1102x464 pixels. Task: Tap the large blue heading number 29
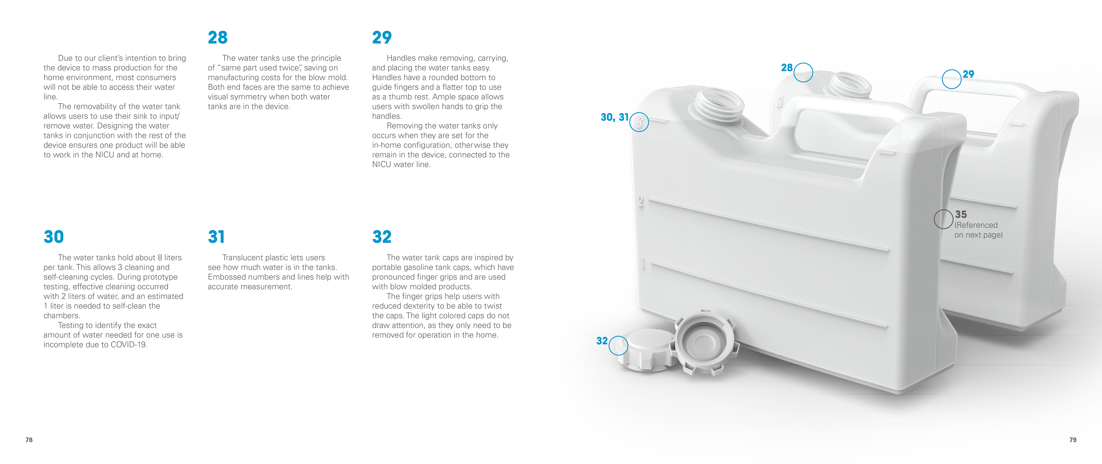[382, 38]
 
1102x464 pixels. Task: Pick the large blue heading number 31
[216, 237]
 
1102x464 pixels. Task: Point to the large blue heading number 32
[382, 237]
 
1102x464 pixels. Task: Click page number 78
[29, 440]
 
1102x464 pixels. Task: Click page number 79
[1073, 440]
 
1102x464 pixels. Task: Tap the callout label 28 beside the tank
[787, 67]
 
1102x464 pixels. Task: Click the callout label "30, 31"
[615, 117]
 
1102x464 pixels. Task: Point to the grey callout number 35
[961, 214]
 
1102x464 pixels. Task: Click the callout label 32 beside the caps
[602, 341]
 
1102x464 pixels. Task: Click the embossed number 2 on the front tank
[641, 201]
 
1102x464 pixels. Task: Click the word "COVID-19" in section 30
[129, 345]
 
